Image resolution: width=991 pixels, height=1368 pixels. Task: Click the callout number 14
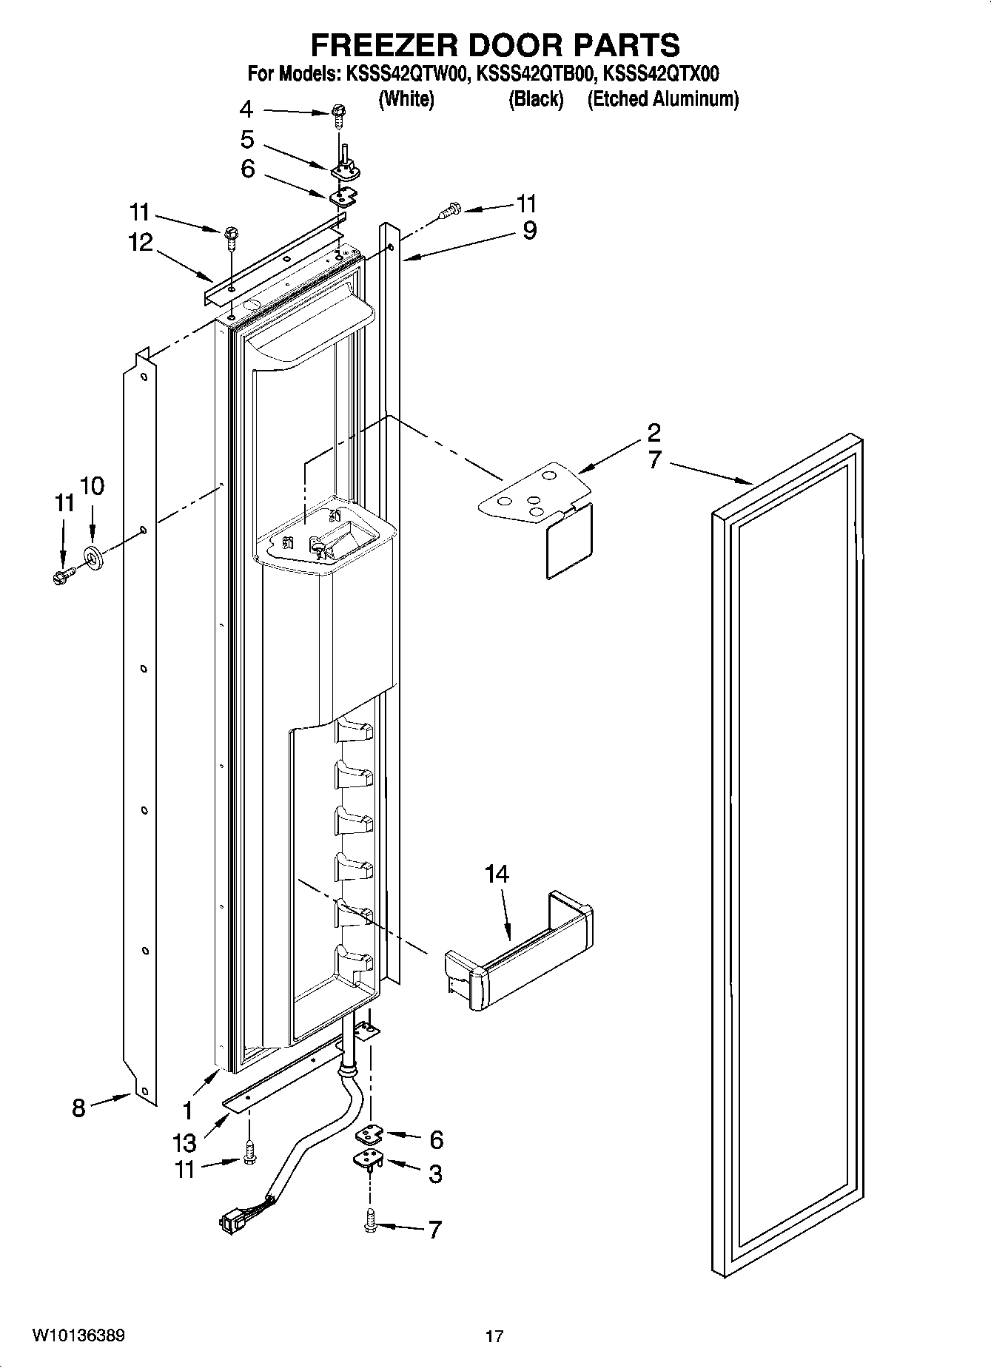coord(497,874)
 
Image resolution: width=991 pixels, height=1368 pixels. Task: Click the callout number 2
coord(654,432)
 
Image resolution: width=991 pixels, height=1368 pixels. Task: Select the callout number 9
coord(529,230)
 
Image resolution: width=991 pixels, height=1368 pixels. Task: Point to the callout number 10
coord(92,486)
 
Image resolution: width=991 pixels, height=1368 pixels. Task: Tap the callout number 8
coord(78,1108)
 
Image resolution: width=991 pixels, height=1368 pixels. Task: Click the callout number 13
coord(184,1143)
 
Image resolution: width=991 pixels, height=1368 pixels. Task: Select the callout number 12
coord(141,242)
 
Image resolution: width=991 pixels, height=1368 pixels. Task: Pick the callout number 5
coord(247,139)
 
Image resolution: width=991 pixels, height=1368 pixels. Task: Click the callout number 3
coord(435,1173)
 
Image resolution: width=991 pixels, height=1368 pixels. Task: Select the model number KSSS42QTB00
coord(533,74)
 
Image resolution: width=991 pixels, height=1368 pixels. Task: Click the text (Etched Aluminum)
coord(662,99)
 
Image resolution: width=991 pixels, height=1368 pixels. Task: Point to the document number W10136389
coord(78,1335)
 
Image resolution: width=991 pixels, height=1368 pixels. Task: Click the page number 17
coord(494,1336)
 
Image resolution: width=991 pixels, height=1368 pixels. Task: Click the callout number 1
coord(187,1111)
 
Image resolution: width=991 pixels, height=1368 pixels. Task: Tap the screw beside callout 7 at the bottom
coord(371,1226)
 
